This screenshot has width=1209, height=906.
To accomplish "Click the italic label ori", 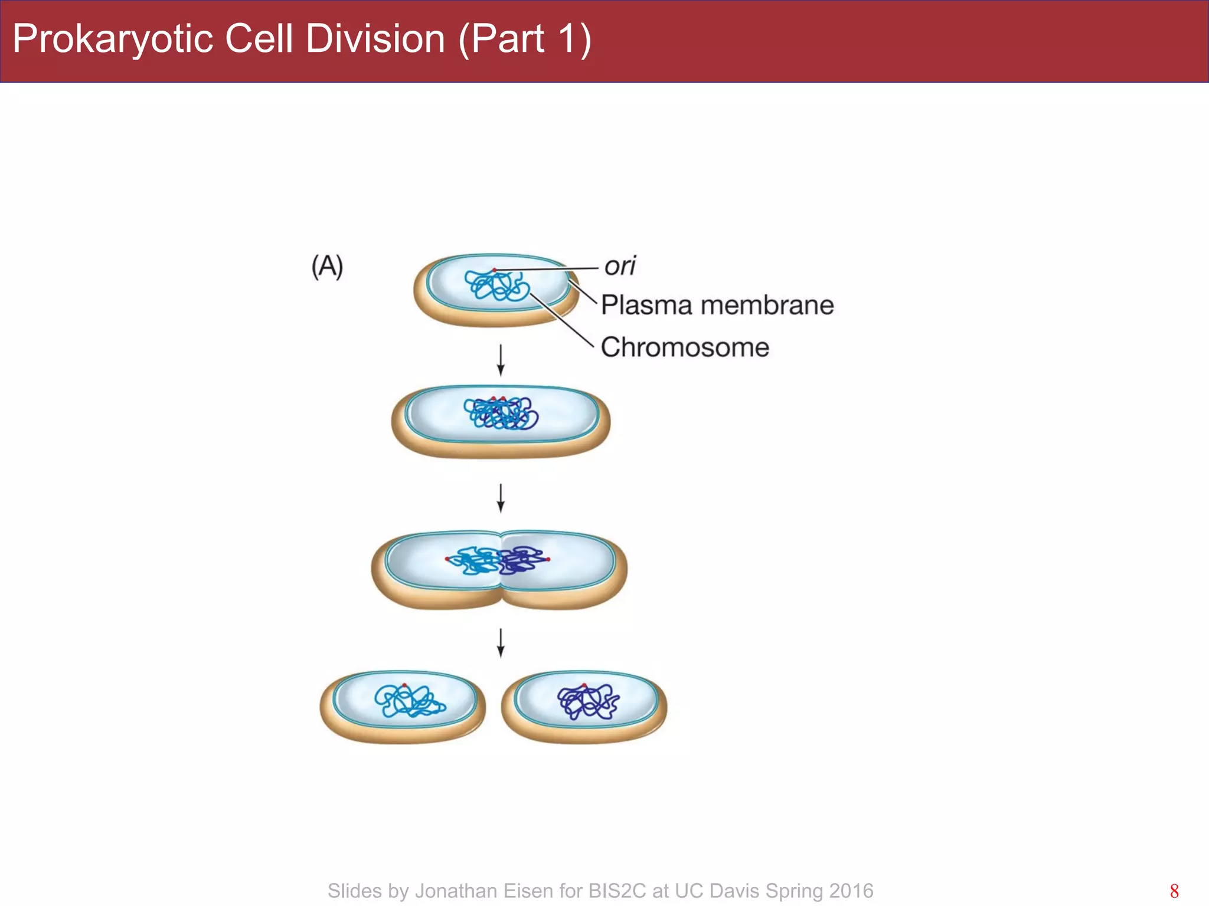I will (620, 266).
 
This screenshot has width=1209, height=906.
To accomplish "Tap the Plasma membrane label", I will (717, 306).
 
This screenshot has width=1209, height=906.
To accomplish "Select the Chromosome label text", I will (685, 347).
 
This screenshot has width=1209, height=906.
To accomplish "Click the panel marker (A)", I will (327, 267).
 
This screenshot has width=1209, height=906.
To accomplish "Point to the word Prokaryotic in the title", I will (113, 39).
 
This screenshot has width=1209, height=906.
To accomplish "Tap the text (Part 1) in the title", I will (524, 39).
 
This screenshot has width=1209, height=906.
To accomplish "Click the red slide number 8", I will (1174, 891).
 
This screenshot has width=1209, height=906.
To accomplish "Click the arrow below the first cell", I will (501, 360).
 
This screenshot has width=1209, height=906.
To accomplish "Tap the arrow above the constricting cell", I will (501, 498).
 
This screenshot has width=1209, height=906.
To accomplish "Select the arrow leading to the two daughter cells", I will (501, 643).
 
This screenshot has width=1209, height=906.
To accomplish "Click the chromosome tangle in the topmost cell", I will (496, 286).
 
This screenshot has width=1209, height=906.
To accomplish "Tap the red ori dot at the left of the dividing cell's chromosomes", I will (447, 559).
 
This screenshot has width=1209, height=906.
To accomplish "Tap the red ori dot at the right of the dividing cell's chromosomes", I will (548, 559).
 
